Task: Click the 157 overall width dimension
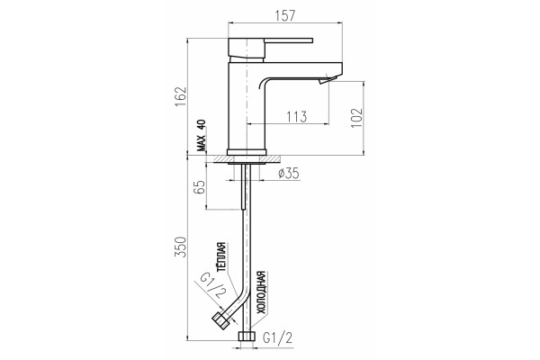point(285,16)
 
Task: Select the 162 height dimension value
point(181,96)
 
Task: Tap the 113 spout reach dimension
point(296,116)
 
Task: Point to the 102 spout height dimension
point(356,118)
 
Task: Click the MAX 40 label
point(201,135)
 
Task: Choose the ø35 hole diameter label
point(289,174)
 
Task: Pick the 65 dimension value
point(200,186)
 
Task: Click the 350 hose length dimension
point(181,247)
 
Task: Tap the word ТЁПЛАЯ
point(222,257)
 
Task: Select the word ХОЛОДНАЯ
point(262,292)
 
